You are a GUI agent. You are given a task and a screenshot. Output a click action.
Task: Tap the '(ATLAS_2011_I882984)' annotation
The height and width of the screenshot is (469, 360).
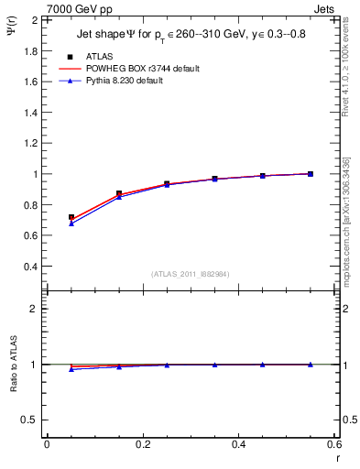(191, 274)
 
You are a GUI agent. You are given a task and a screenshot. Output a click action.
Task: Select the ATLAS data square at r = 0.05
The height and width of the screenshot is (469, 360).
(71, 218)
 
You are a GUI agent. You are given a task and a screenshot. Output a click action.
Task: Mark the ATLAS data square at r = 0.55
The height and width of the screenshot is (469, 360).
(311, 174)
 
